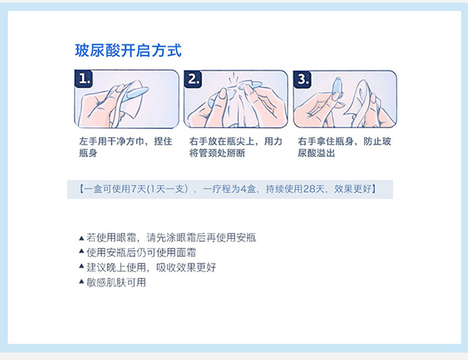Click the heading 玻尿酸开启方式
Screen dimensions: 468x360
pyautogui.click(x=128, y=51)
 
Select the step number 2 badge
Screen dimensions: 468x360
pyautogui.click(x=193, y=79)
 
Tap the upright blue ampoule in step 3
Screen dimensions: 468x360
pyautogui.click(x=337, y=89)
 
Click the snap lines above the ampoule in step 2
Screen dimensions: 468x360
pyautogui.click(x=234, y=77)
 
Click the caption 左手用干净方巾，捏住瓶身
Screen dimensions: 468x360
pyautogui.click(x=125, y=147)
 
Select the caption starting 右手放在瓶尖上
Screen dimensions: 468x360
pyautogui.click(x=236, y=147)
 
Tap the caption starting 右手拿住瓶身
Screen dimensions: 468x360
pyautogui.click(x=344, y=147)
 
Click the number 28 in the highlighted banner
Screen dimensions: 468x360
pyautogui.click(x=309, y=189)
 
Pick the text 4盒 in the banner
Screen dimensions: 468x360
pyautogui.click(x=248, y=189)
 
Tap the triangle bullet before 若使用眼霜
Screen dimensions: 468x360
pyautogui.click(x=82, y=238)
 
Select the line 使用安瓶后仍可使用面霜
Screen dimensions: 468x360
pyautogui.click(x=141, y=253)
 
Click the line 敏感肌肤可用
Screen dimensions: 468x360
pyautogui.click(x=116, y=283)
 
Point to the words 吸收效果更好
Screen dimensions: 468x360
pyautogui.click(x=186, y=268)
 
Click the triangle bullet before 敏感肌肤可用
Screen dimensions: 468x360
pyautogui.click(x=82, y=281)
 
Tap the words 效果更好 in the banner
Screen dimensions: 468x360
pyautogui.click(x=353, y=189)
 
